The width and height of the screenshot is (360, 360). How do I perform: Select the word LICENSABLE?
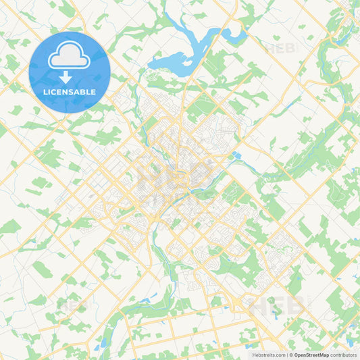[x=70, y=92]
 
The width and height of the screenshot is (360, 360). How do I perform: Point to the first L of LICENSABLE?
[x=45, y=92]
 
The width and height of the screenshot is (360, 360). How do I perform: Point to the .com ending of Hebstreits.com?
[x=280, y=354]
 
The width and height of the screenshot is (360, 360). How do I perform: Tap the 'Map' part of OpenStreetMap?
[x=325, y=354]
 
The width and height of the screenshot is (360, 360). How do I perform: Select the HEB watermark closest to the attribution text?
[x=277, y=305]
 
